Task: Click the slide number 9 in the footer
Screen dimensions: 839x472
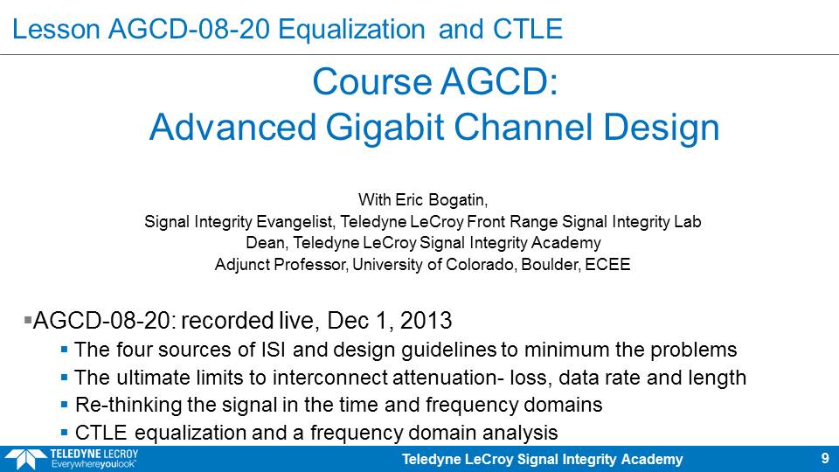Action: pos(825,459)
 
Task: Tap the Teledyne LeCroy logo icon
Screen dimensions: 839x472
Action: pos(25,459)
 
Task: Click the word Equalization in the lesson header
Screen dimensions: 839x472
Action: pos(351,30)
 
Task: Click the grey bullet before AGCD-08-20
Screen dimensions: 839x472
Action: pos(28,320)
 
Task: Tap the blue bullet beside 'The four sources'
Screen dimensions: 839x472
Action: pos(64,350)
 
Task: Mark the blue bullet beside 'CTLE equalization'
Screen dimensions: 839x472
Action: pos(64,433)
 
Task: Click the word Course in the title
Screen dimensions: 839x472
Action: pos(372,82)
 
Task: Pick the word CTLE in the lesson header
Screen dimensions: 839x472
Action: pos(528,30)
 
